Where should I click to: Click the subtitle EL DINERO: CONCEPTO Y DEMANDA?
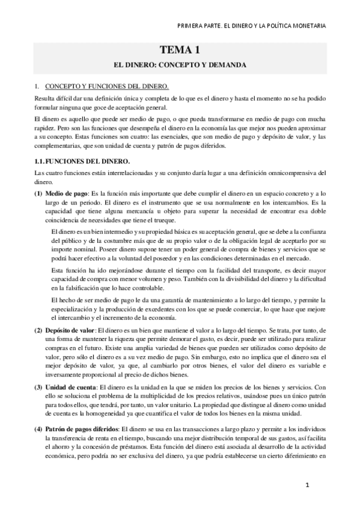tap(180, 64)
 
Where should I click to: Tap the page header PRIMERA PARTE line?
tap(253, 26)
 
